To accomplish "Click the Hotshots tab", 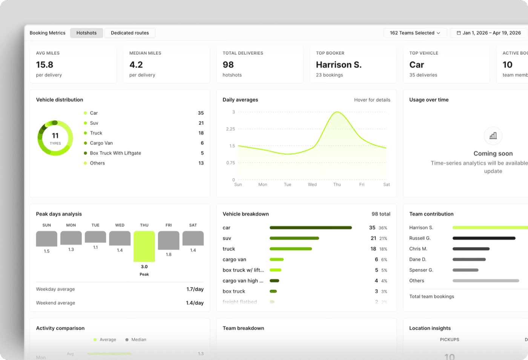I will coord(86,33).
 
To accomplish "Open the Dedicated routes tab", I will coord(130,33).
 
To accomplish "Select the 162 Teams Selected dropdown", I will coord(415,33).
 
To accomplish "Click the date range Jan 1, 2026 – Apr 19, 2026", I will coord(489,33).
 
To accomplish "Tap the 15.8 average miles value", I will coord(45,65).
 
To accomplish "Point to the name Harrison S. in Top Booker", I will coord(339,65).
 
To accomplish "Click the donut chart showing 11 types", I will coord(55,138).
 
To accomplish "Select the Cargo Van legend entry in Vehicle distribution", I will coord(101,143).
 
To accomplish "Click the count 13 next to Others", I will coord(201,163).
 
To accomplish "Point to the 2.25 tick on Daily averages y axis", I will coord(230,129).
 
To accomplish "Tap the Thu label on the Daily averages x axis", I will coord(337,185).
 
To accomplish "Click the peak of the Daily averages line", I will coord(337,112).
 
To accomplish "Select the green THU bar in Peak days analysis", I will coord(144,246).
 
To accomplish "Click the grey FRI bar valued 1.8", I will coord(169,240).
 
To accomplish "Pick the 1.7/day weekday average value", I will coord(195,289).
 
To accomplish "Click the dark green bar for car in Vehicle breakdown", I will coord(311,228).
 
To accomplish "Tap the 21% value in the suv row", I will coord(383,238).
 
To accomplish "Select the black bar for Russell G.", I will coord(484,238).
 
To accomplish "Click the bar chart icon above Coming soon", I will coord(493,136).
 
